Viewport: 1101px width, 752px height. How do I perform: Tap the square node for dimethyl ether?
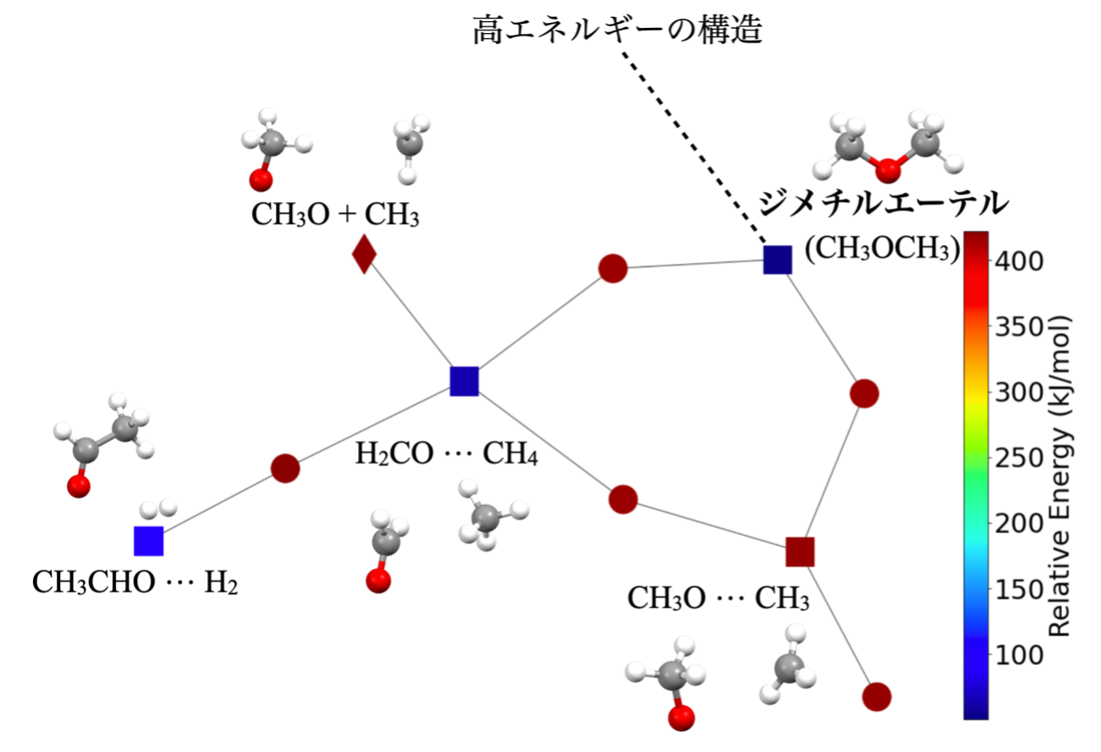[777, 260]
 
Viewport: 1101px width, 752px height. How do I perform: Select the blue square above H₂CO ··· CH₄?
[465, 381]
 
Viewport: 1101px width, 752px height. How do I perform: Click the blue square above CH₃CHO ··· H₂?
[148, 541]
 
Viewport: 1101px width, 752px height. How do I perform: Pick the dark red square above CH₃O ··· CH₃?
[800, 552]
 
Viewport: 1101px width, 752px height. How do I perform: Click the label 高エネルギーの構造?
[618, 32]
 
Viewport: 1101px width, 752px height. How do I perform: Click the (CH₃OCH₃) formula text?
[881, 249]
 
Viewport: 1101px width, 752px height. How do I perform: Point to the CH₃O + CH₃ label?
[335, 216]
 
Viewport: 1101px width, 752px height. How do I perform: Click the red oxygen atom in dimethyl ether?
[888, 171]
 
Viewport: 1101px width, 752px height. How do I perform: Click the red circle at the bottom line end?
[876, 696]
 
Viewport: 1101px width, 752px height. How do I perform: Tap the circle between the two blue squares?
[285, 468]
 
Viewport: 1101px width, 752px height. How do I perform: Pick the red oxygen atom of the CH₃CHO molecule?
[79, 486]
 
